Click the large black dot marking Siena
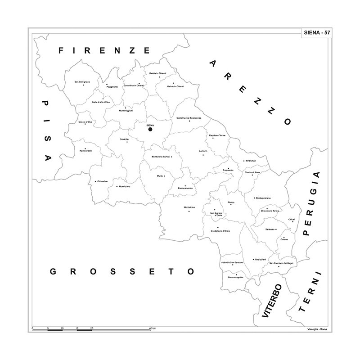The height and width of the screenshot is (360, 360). click(150, 129)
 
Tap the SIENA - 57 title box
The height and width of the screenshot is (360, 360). click(316, 33)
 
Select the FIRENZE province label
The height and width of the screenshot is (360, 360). click(104, 50)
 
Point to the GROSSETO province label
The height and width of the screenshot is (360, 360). click(122, 271)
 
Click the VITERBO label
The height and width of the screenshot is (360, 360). click(272, 301)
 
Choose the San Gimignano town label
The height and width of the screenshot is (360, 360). click(82, 82)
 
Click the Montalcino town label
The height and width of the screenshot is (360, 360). click(189, 207)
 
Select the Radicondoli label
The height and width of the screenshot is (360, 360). click(85, 151)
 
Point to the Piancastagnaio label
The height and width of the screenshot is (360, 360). click(235, 277)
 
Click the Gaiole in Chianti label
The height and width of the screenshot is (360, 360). click(175, 86)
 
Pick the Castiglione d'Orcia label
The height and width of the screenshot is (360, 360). click(220, 231)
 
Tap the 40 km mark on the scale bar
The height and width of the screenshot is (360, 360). click(153, 329)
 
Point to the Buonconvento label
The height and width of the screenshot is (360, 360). click(185, 188)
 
